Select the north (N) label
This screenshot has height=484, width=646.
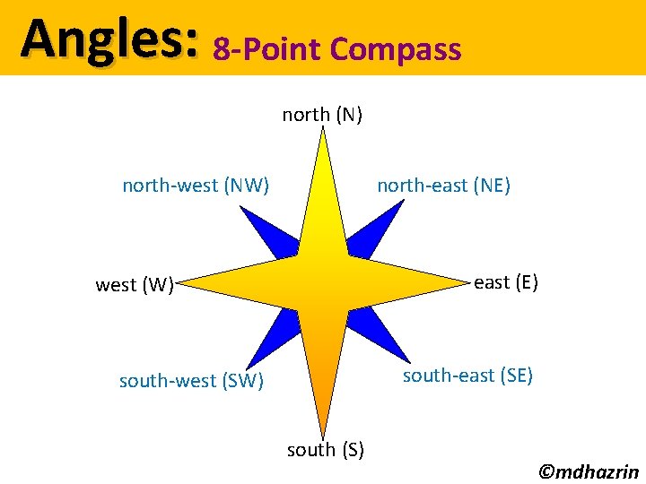(x=322, y=115)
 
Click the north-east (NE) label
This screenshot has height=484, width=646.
(x=443, y=186)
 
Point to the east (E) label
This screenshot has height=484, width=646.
(x=506, y=282)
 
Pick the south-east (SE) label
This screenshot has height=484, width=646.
(x=467, y=376)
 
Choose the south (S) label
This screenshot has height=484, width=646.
(x=325, y=449)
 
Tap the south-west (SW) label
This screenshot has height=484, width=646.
(x=191, y=381)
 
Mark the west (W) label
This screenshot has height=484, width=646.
(x=135, y=286)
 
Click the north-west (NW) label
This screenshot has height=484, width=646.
(x=196, y=186)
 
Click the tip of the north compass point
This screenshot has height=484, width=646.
(x=322, y=131)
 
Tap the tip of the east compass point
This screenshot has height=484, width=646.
(x=469, y=283)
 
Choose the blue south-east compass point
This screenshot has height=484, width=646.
(x=377, y=337)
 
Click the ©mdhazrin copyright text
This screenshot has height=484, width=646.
(x=588, y=471)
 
